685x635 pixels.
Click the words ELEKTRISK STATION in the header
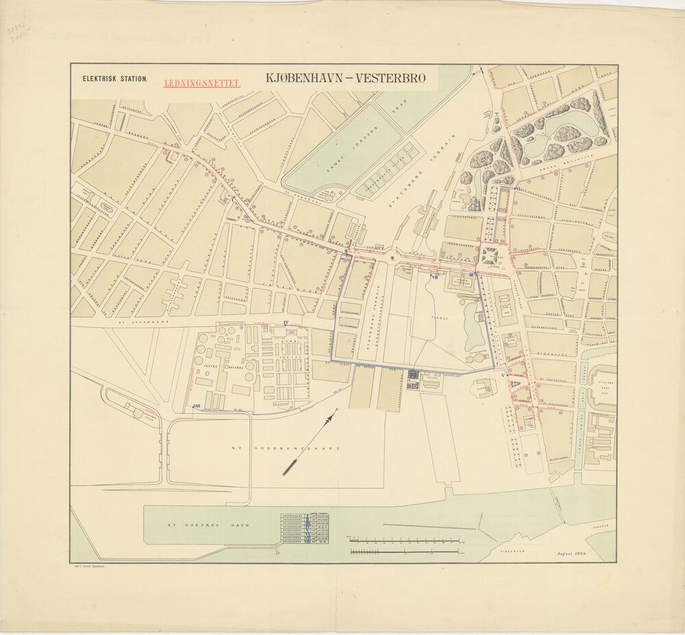point(114,79)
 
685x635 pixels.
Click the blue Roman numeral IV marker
point(286,322)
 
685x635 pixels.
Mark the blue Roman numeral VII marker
point(435,277)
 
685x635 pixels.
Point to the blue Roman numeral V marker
point(503,376)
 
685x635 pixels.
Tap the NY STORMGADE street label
point(134,320)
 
